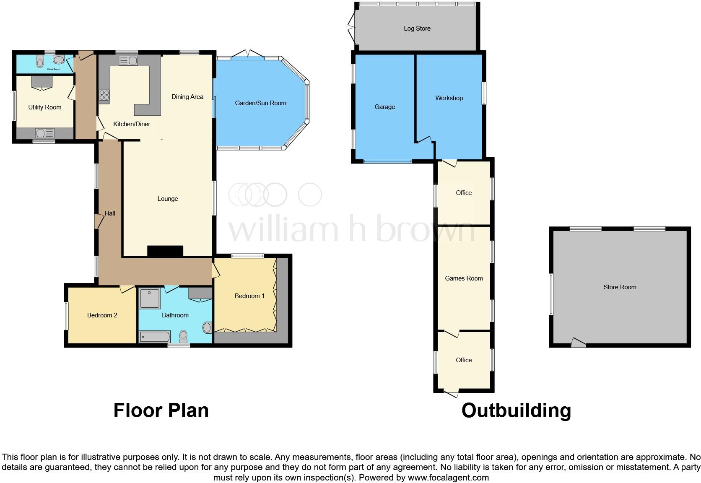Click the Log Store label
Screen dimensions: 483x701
[417, 29]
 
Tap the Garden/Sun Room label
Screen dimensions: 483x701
[260, 103]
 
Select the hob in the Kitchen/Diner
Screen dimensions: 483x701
[104, 96]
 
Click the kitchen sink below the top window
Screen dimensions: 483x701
[128, 61]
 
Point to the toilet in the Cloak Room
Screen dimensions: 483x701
[40, 62]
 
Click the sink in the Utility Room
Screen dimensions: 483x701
[45, 133]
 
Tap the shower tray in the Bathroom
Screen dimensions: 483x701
[150, 298]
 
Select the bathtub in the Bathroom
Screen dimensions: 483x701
[154, 337]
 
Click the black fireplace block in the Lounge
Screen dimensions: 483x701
[165, 251]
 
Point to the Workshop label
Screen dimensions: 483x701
[449, 98]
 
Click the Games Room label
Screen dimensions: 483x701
[464, 278]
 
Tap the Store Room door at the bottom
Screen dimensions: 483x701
[579, 343]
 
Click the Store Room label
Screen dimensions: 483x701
[620, 287]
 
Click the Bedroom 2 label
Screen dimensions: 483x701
[102, 315]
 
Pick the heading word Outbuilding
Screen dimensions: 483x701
[516, 410]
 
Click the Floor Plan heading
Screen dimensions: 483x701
[161, 410]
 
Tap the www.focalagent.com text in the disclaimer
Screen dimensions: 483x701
[448, 478]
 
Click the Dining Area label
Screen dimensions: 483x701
[187, 97]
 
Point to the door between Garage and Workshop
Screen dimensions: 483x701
[425, 140]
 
